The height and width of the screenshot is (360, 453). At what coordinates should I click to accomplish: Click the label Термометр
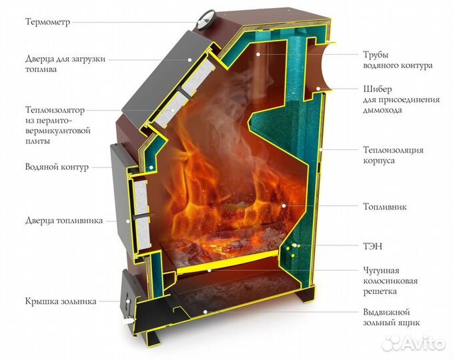click(x=47, y=21)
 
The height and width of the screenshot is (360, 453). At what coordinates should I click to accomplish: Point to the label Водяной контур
click(x=57, y=167)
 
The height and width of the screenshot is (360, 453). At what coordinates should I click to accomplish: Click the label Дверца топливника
click(x=64, y=221)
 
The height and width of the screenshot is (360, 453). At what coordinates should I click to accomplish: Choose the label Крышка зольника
click(x=61, y=301)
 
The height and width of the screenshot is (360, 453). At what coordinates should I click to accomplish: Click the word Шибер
click(x=378, y=89)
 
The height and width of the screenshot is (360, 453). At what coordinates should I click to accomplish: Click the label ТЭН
click(x=373, y=246)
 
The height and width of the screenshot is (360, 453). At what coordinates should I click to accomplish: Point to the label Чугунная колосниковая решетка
click(x=390, y=281)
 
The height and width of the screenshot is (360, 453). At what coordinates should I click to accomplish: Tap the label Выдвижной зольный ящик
click(x=396, y=317)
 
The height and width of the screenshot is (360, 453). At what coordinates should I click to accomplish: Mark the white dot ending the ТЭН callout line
click(x=294, y=246)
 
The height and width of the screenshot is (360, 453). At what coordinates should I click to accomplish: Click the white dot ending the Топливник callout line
click(x=284, y=207)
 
